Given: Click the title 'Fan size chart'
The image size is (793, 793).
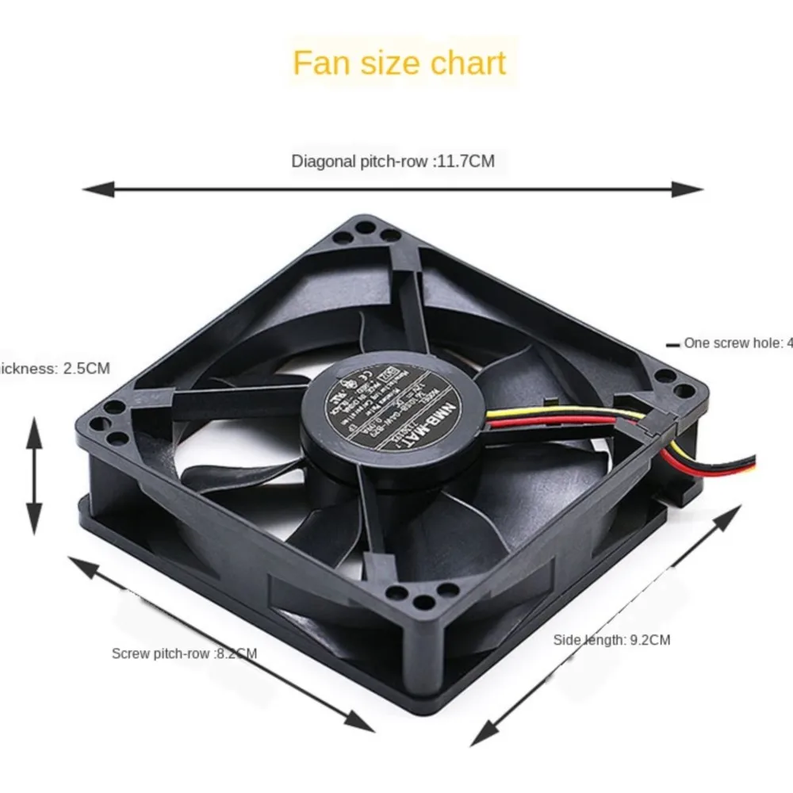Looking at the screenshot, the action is (x=399, y=63).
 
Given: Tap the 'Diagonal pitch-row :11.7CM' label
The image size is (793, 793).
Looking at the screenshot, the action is (x=393, y=162).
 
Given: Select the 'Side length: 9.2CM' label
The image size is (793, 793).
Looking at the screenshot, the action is (x=611, y=639).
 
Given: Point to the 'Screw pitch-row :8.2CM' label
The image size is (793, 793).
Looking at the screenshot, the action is (x=184, y=653).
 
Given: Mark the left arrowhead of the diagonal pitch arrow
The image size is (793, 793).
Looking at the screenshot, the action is (x=91, y=190).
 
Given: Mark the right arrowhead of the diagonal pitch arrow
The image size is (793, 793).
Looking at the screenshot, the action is (x=695, y=189).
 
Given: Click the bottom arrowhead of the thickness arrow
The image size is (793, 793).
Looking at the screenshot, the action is (x=33, y=527).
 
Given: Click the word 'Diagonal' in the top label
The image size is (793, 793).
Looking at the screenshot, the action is (x=324, y=162).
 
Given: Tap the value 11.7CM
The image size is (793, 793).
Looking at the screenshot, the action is (x=465, y=162).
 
